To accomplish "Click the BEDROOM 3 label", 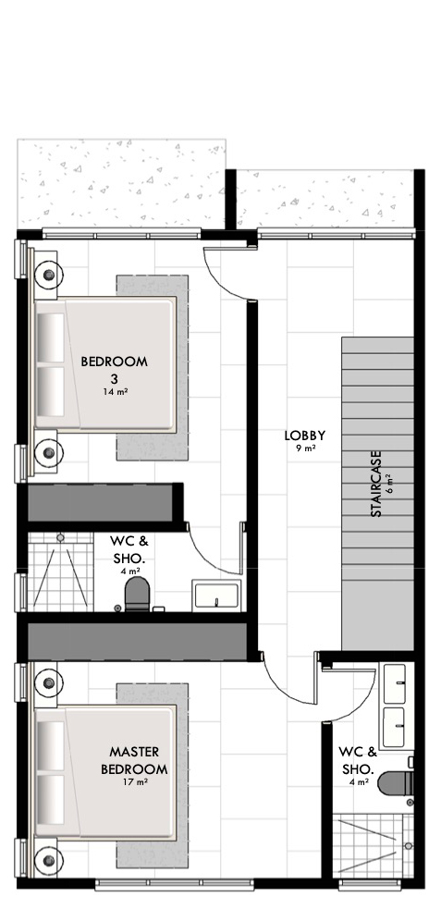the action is (x=114, y=370).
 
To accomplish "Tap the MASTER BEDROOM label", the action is (x=134, y=761).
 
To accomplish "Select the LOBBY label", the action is (x=305, y=436).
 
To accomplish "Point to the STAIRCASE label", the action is (x=376, y=484).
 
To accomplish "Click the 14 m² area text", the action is (x=114, y=392).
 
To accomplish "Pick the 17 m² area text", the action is (x=134, y=782).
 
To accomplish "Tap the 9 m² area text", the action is (x=305, y=448).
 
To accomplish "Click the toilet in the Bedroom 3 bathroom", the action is (x=138, y=595).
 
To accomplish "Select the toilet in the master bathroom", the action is (x=396, y=784).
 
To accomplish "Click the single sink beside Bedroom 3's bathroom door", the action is (x=216, y=595).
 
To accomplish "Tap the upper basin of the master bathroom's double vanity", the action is (x=395, y=683).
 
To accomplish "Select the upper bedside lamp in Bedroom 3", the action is (x=49, y=275).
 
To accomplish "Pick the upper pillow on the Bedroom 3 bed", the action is (x=51, y=338).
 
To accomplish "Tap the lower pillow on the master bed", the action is (x=51, y=799).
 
